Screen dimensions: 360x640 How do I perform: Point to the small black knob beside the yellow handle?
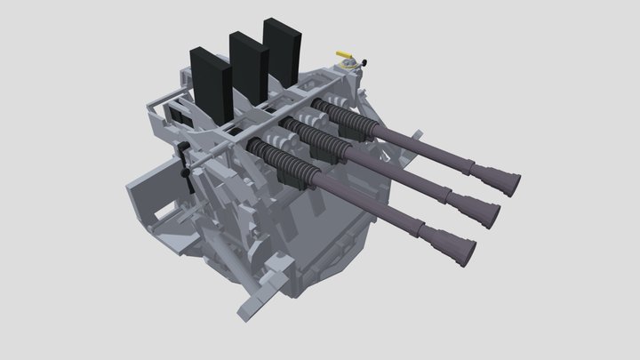(363, 62)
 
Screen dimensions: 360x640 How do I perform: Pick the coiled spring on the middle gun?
(318, 137)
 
